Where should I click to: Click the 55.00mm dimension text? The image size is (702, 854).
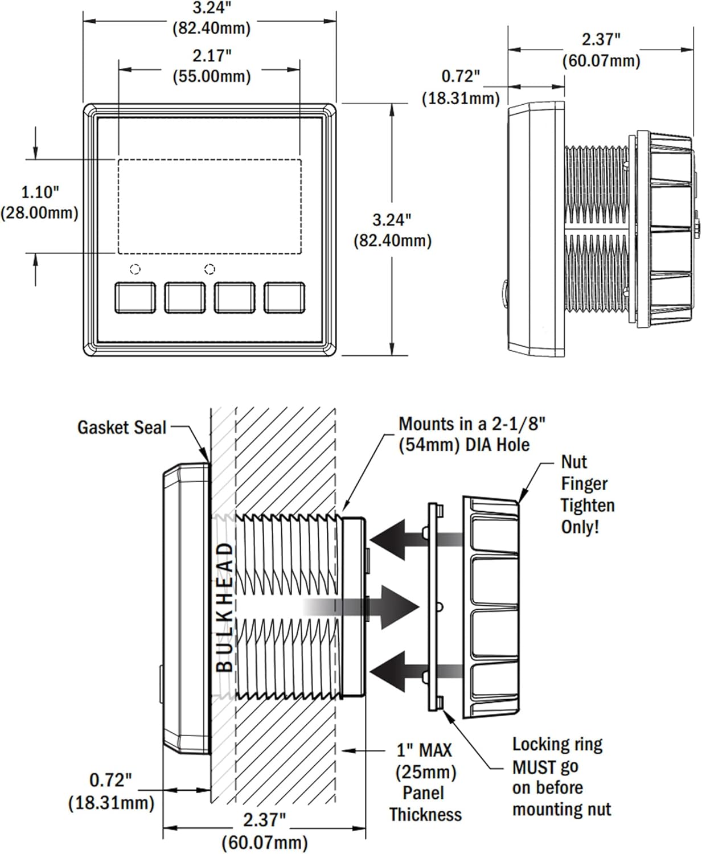[x=212, y=76]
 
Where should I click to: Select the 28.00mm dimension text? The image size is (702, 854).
[x=39, y=213]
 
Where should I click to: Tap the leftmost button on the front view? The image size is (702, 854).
[x=135, y=297]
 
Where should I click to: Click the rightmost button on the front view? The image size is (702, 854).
[x=285, y=297]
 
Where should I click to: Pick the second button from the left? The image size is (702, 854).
[x=185, y=297]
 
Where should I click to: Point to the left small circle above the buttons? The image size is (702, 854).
[x=135, y=269]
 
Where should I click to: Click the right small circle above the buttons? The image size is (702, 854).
[x=210, y=269]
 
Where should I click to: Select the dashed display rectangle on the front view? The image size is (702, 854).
[x=210, y=206]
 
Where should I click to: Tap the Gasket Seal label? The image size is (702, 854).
[x=122, y=428]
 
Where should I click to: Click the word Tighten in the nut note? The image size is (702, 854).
[x=587, y=505]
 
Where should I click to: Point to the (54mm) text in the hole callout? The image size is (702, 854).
[x=429, y=445]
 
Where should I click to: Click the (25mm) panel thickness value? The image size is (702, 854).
[x=426, y=772]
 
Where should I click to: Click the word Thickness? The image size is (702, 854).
[x=425, y=815]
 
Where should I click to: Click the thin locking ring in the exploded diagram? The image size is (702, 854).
[x=434, y=607]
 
